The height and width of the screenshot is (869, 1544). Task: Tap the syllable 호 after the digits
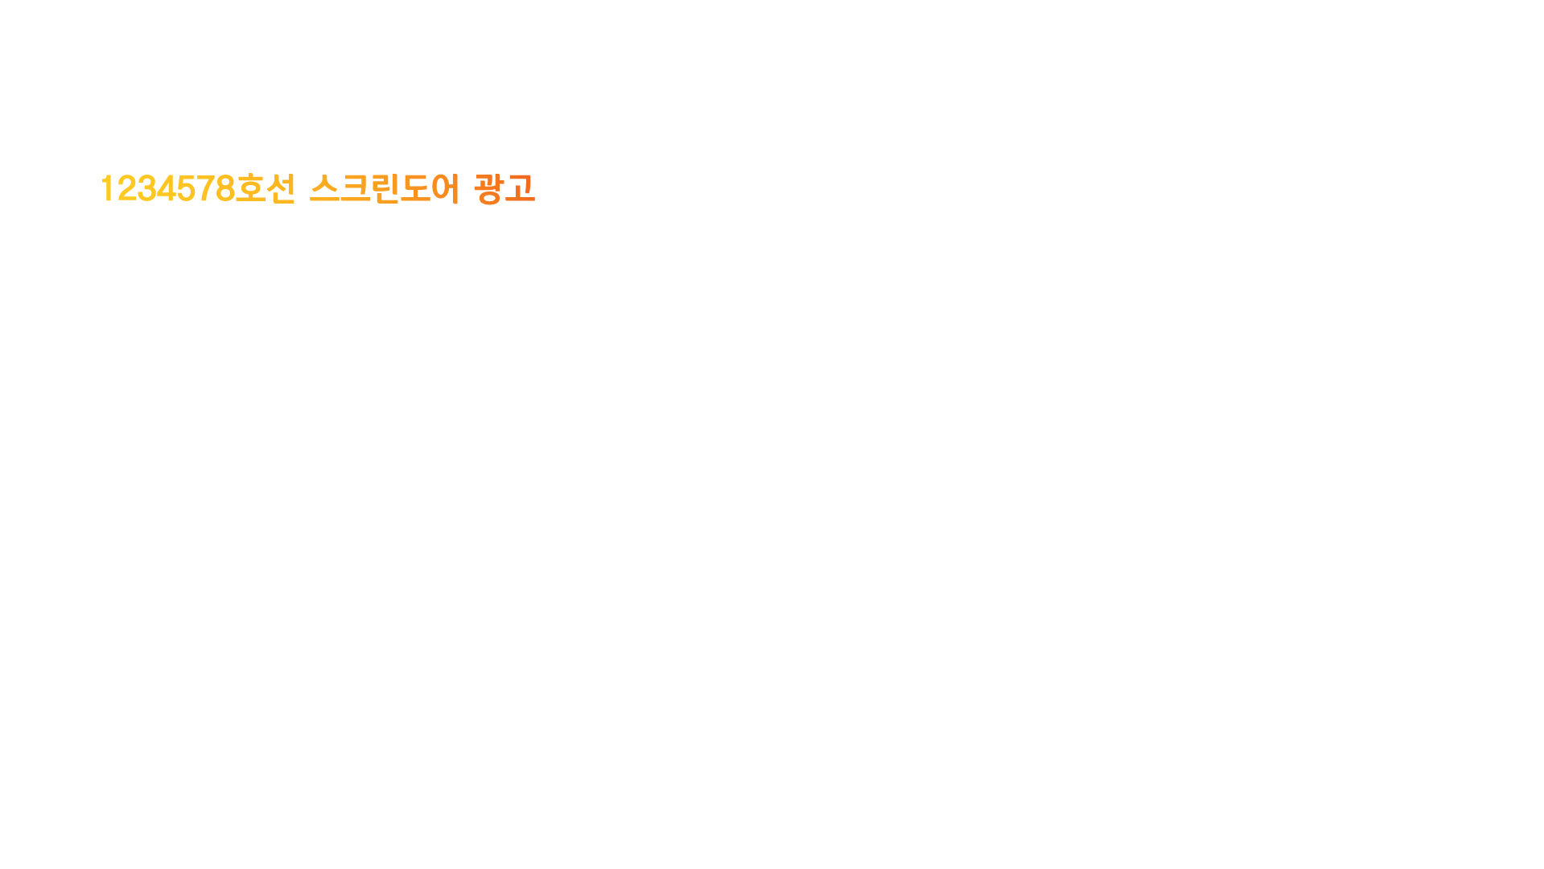[250, 189]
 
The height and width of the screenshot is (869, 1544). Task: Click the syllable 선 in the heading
[281, 189]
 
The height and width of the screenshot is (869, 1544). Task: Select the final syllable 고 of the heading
[520, 189]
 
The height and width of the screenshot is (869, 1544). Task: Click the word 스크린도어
[385, 189]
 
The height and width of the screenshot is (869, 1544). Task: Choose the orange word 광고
[504, 189]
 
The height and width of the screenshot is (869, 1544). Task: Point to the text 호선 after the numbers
[266, 189]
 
